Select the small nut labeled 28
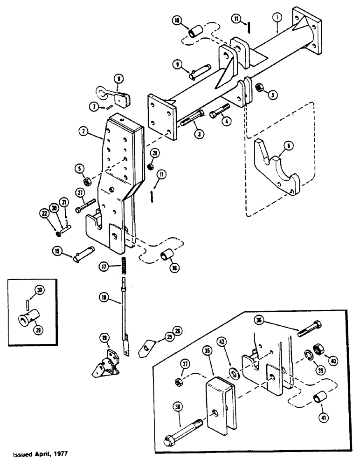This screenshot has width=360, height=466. coord(151,166)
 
